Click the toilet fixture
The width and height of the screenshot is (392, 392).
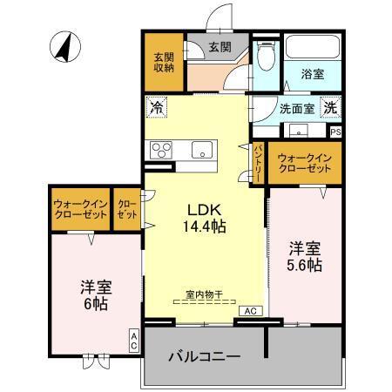(x=267, y=56)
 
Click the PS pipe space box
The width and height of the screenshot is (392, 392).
(x=335, y=132)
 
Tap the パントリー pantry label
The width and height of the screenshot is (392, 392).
(x=258, y=163)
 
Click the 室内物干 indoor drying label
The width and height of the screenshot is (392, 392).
(x=204, y=294)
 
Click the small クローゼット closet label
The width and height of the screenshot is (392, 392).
(x=126, y=209)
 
